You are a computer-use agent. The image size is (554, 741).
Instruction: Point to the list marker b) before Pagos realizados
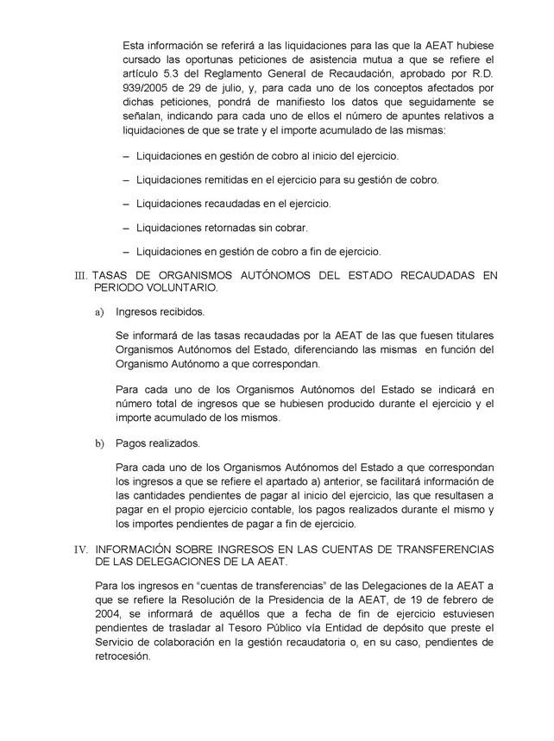click(99, 443)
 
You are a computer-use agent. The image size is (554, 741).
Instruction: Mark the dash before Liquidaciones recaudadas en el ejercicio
click(127, 204)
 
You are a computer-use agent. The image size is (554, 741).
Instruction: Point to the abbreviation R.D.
click(482, 73)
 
